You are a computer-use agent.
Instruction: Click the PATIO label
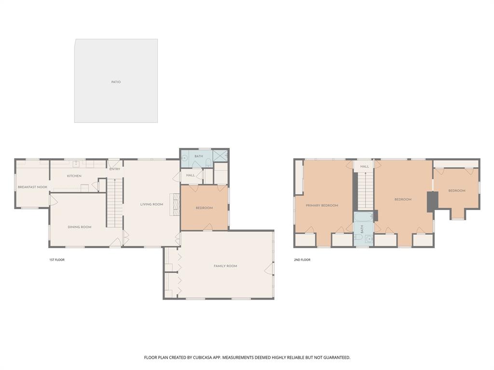(116, 82)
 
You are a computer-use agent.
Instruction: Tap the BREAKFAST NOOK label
(32, 187)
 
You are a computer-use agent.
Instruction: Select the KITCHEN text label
(74, 176)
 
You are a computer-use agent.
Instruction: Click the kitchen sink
(76, 163)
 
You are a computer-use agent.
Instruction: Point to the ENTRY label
(115, 169)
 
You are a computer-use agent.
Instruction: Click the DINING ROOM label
(79, 227)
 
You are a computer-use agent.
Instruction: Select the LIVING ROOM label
(151, 204)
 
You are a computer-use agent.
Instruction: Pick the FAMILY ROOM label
(225, 266)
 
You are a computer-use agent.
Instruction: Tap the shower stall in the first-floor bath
(220, 156)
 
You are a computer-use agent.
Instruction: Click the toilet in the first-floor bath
(208, 164)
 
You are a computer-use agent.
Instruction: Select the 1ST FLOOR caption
(56, 260)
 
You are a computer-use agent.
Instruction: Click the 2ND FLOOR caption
(302, 260)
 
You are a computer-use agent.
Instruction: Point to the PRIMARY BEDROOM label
(322, 205)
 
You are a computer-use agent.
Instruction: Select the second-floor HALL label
(364, 166)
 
